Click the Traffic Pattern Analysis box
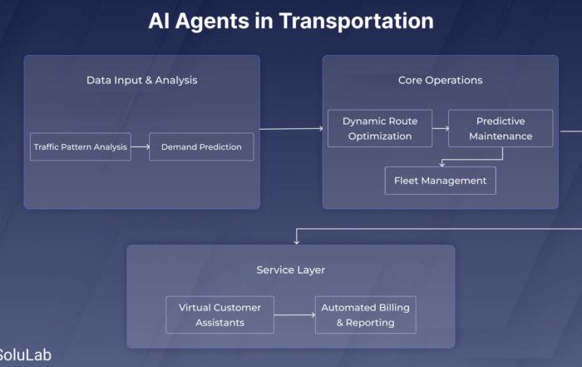pyautogui.click(x=81, y=146)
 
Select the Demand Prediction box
pyautogui.click(x=201, y=146)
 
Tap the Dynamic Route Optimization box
pyautogui.click(x=380, y=128)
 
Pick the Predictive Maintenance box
pyautogui.click(x=501, y=128)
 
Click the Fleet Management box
pyautogui.click(x=440, y=181)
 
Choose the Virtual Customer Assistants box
pyautogui.click(x=219, y=315)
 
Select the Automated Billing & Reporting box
pyautogui.click(x=366, y=315)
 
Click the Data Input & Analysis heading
pyautogui.click(x=142, y=80)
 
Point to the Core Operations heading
pyautogui.click(x=440, y=80)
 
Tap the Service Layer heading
pyautogui.click(x=291, y=270)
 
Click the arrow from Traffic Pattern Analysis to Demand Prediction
pyautogui.click(x=140, y=146)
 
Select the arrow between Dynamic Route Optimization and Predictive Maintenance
pyautogui.click(x=441, y=128)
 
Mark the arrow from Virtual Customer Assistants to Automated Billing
pyautogui.click(x=294, y=315)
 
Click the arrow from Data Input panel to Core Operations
pyautogui.click(x=291, y=129)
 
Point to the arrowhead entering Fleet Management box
pyautogui.click(x=442, y=164)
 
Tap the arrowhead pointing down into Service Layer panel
pyautogui.click(x=296, y=242)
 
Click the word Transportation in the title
pyautogui.click(x=357, y=21)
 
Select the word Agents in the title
pyautogui.click(x=212, y=22)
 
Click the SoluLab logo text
pyautogui.click(x=25, y=355)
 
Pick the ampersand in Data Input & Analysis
pyautogui.click(x=149, y=80)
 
